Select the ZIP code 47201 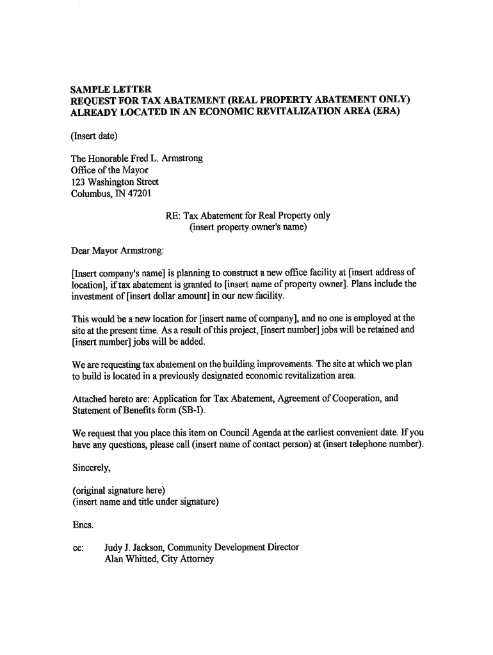[x=140, y=194]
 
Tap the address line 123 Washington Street [x=115, y=182]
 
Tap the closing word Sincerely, [x=92, y=468]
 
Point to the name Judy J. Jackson [x=134, y=548]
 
